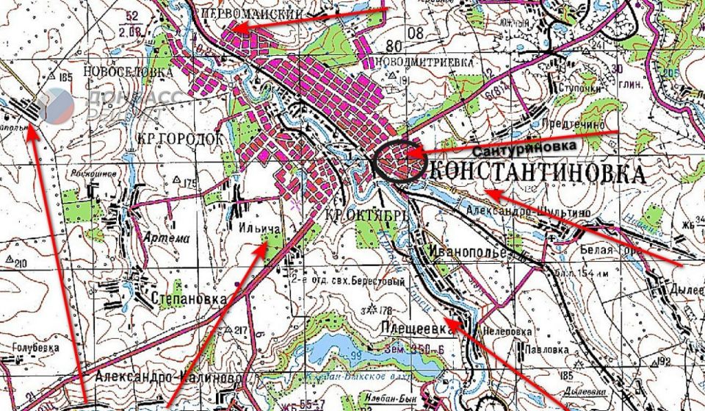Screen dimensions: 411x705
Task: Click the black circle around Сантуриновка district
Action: [x=397, y=160]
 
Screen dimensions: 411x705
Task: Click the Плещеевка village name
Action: [x=413, y=329]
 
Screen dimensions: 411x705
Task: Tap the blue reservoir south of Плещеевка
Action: [x=345, y=354]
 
